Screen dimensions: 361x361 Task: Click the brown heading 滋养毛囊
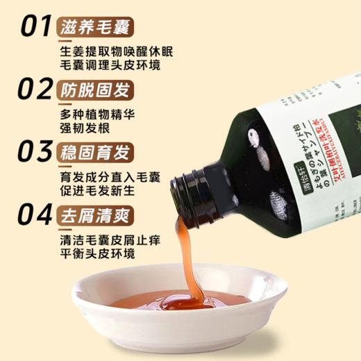[96, 27]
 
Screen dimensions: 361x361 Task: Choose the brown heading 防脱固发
[96, 91]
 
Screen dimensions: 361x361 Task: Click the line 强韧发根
[80, 130]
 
